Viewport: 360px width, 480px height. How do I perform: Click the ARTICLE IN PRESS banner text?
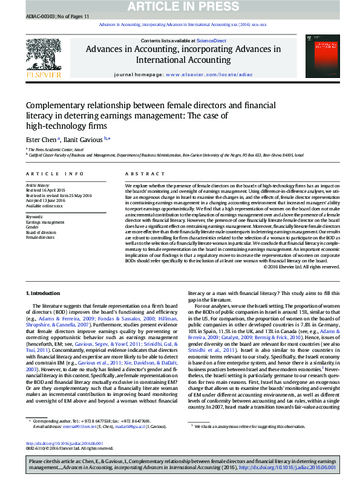tap(180, 6)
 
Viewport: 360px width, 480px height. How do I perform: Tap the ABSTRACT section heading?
tap(139, 174)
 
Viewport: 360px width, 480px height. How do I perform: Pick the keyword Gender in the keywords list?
tap(33, 227)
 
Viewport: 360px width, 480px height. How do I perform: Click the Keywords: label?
tap(34, 216)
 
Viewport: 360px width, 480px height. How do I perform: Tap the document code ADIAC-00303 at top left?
tap(41, 16)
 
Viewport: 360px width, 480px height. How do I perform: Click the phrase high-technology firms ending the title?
tap(66, 126)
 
